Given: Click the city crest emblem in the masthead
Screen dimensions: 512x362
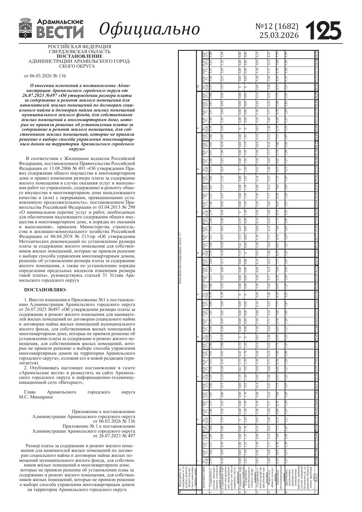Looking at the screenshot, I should coord(26,28).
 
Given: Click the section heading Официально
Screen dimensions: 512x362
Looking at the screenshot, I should coord(150,29).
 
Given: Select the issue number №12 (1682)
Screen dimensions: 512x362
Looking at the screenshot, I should coord(277,27).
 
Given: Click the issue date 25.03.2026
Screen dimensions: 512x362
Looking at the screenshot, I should coord(279,36).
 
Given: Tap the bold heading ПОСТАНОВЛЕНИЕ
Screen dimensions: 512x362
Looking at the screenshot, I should coord(80,56).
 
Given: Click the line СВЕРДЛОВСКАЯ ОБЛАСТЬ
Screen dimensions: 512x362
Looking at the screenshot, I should coord(80,51).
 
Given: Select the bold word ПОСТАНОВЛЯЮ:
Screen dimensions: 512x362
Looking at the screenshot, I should coord(45,290).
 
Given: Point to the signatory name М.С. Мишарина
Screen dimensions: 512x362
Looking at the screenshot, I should coord(36,397).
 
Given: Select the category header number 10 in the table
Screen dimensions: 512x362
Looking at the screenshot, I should coord(198,87).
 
